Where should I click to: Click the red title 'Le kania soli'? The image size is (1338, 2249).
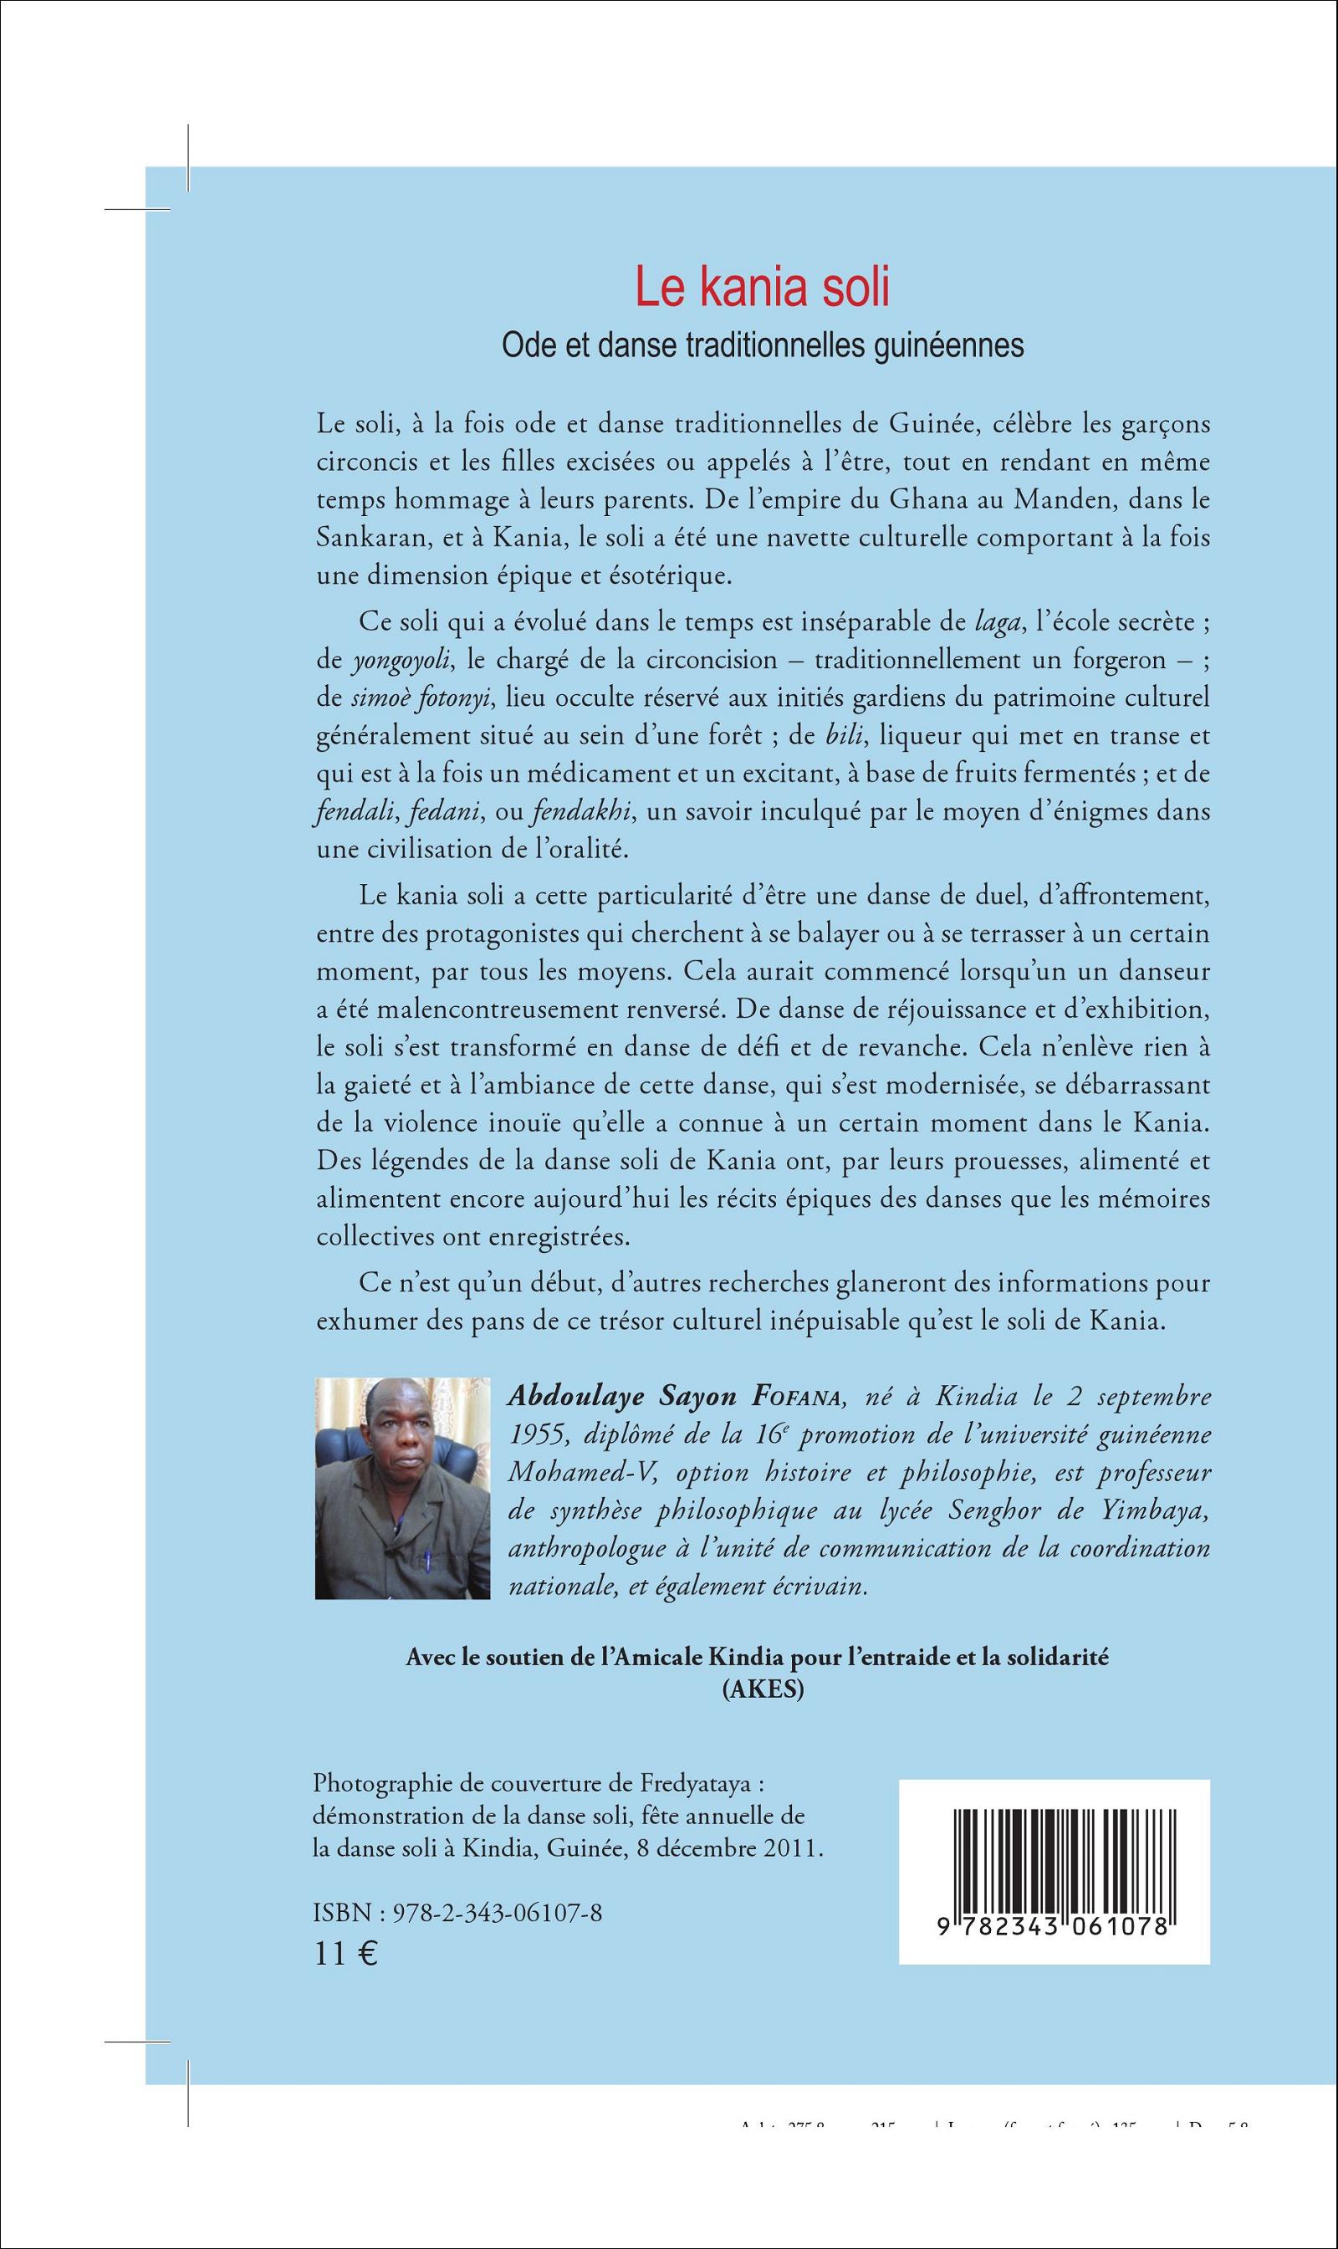coord(762,288)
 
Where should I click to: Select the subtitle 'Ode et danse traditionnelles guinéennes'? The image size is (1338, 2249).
coord(762,345)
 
